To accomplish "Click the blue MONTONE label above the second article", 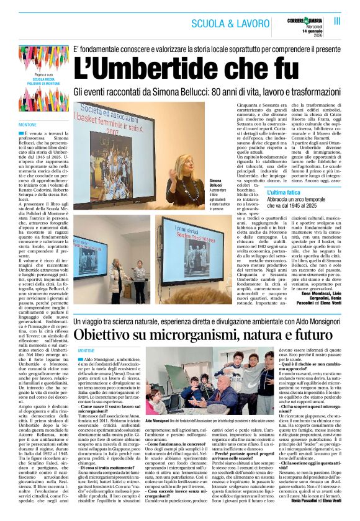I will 86,352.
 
